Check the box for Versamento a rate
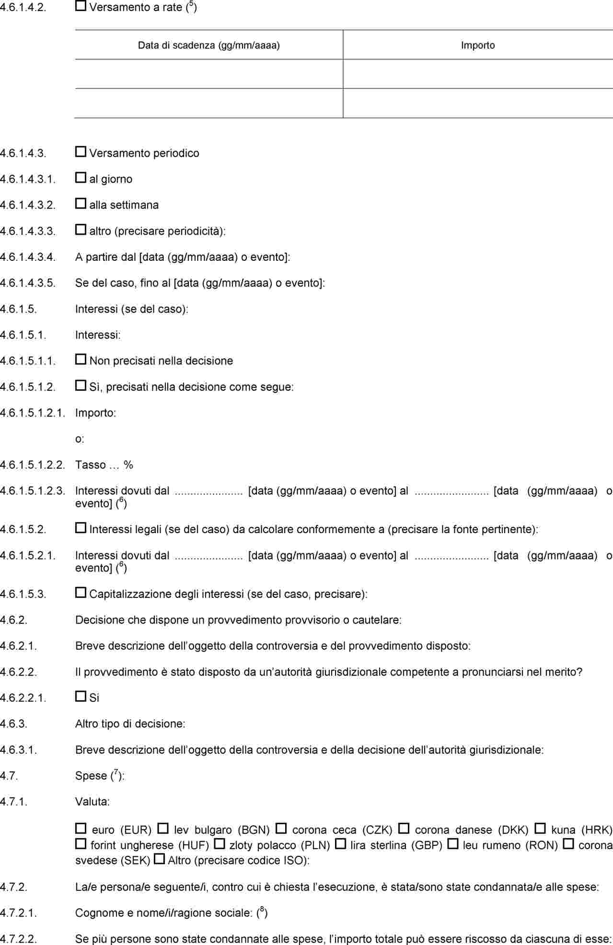81,6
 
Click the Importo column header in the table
477,46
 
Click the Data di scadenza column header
208,46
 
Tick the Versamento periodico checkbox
81,152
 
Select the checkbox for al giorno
81,178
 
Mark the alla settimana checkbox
81,204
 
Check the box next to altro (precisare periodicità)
81,230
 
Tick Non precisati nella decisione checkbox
81,359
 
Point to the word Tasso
91,465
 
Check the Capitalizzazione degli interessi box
81,593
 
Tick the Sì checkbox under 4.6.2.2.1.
81,696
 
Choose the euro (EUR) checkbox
81,828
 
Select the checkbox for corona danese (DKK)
404,828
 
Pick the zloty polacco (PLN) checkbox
220,843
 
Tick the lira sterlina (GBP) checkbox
340,843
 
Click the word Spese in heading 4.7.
91,776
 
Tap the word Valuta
93,802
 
